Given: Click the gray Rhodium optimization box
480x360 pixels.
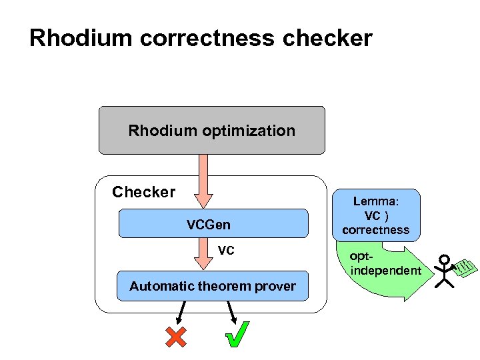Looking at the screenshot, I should tap(212, 130).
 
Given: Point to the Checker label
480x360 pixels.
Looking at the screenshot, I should tap(143, 193).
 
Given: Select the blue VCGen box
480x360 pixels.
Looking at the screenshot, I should tap(213, 224).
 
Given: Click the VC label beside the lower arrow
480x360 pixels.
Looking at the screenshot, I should tap(226, 251).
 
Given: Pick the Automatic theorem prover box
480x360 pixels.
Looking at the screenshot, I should tap(212, 286).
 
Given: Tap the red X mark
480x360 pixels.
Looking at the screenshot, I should tap(175, 337).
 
